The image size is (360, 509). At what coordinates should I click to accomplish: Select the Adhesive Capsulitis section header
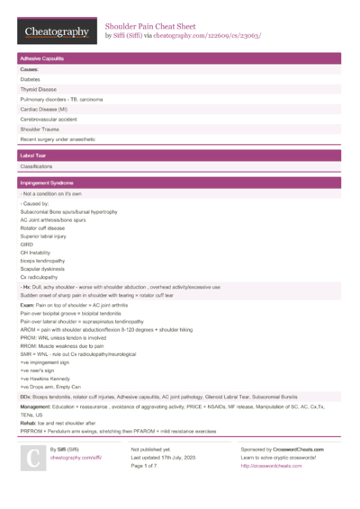[40, 58]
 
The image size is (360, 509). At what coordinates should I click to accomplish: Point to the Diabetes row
[31, 78]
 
